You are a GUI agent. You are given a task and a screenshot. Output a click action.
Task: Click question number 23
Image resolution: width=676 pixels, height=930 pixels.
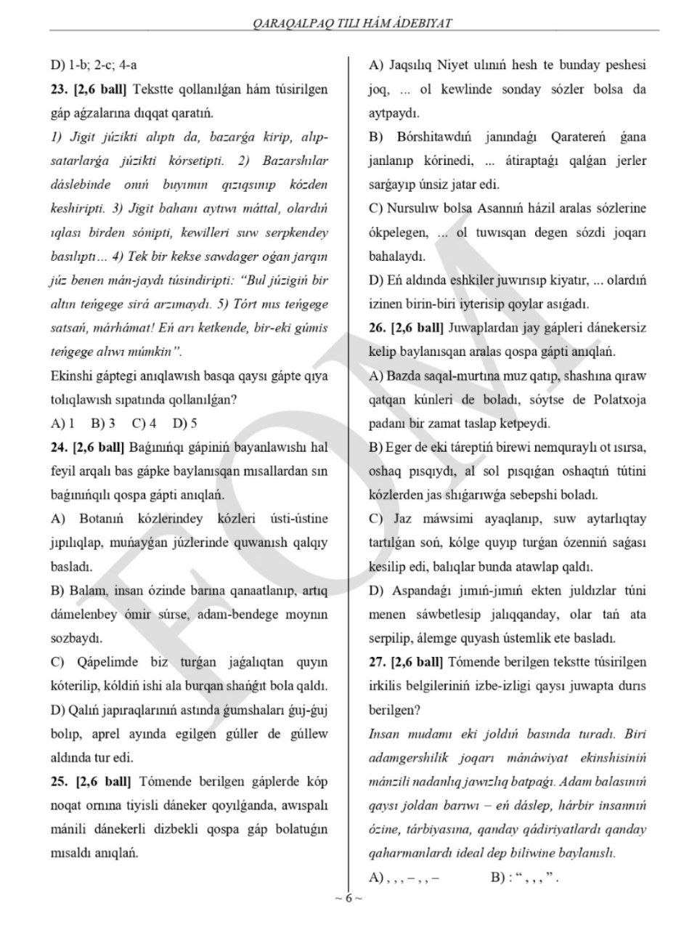[x=58, y=89]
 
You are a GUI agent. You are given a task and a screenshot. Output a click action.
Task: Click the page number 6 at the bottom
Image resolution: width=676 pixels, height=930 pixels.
[x=348, y=898]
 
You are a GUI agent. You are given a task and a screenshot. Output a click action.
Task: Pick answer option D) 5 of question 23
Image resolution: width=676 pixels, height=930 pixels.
[x=184, y=423]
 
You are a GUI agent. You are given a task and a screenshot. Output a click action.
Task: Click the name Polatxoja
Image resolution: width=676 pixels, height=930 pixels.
[x=614, y=400]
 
